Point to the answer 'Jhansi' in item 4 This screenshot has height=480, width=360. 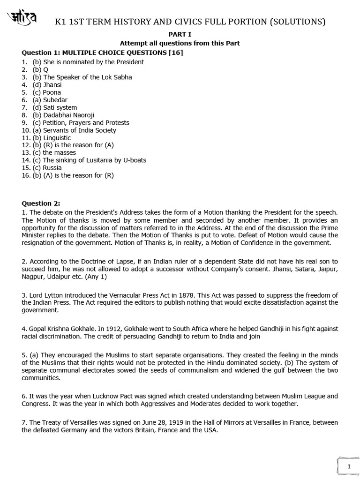[52, 85]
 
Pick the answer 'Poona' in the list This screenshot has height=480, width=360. [52, 92]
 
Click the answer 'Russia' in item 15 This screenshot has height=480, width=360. [52, 167]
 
